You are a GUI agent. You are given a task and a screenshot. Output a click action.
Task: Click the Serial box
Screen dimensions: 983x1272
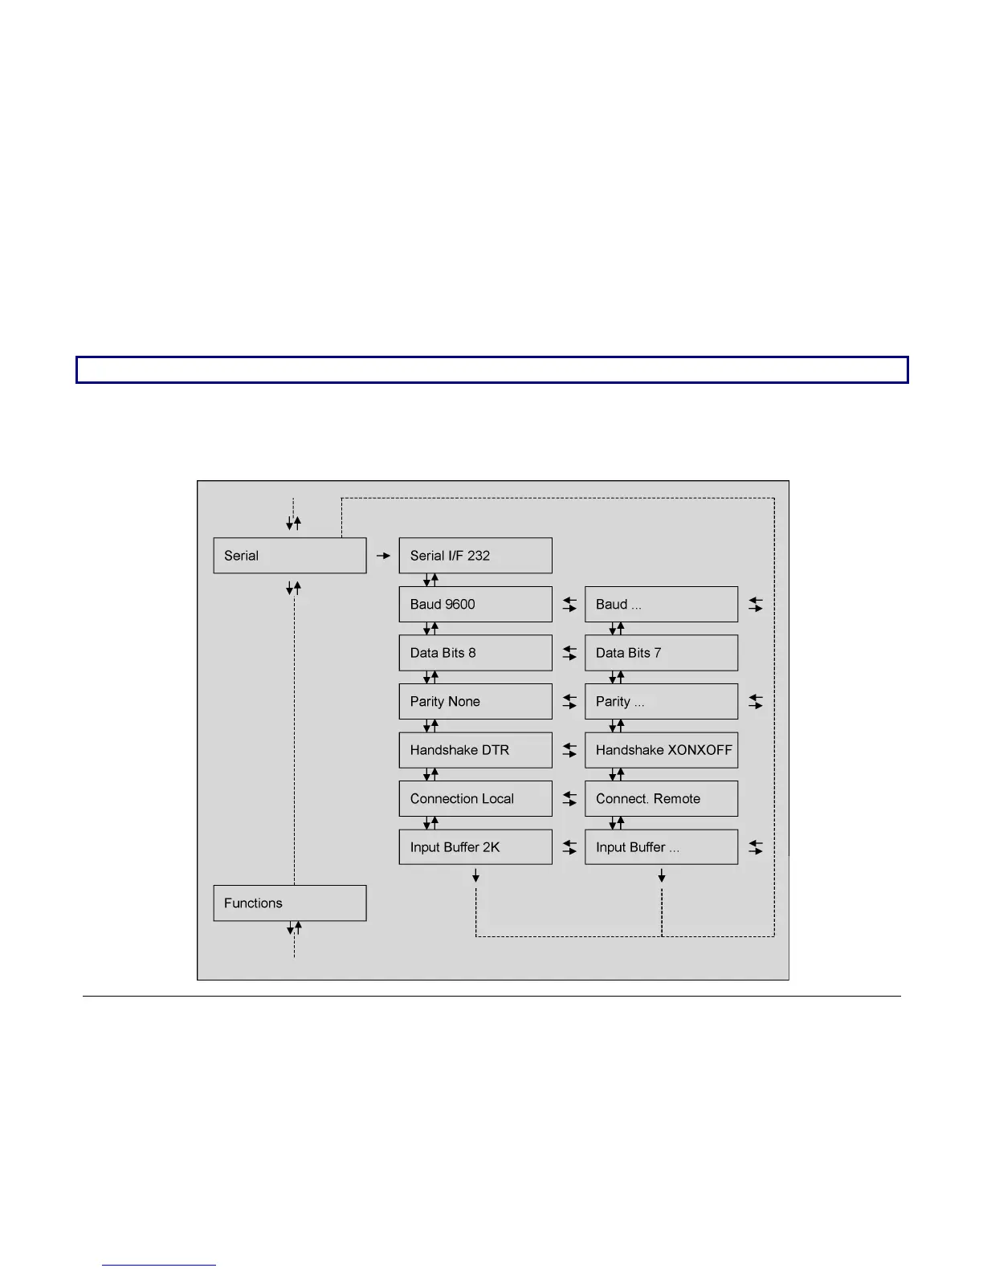[x=289, y=556]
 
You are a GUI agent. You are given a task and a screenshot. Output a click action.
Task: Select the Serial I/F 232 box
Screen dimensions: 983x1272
[x=475, y=556]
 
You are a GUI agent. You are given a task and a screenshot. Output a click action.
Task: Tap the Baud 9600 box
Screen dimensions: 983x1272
[x=475, y=604]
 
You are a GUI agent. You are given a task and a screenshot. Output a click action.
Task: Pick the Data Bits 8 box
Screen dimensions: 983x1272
[x=475, y=653]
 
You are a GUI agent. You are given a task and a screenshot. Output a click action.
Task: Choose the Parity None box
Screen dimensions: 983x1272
[x=475, y=701]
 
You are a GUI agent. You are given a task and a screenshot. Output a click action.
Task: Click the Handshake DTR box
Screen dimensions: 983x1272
[x=475, y=750]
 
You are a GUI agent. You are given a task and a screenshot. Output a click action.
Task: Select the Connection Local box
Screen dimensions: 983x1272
[x=475, y=798]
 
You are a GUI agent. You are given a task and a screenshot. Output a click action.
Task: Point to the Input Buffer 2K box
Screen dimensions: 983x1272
[x=475, y=847]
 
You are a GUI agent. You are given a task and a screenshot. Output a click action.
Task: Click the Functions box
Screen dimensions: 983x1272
[x=289, y=903]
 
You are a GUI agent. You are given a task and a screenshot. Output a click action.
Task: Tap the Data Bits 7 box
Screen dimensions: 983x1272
[x=661, y=653]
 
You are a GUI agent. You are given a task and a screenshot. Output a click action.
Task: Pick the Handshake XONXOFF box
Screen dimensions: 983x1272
[x=661, y=750]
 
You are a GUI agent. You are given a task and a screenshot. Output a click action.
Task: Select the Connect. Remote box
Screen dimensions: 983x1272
[x=661, y=798]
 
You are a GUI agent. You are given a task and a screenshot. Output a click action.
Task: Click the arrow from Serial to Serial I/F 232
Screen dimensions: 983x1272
[x=383, y=556]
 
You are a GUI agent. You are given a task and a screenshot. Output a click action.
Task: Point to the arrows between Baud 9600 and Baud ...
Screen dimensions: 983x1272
[x=569, y=604]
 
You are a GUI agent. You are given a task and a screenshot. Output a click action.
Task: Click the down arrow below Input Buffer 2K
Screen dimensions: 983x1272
[x=476, y=875]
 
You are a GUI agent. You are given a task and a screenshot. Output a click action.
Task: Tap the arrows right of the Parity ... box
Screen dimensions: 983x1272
[x=756, y=701]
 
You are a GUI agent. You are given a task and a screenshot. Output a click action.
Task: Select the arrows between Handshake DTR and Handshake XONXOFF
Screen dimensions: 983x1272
[x=569, y=750]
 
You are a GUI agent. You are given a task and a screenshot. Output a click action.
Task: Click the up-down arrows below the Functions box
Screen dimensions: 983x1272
[x=294, y=929]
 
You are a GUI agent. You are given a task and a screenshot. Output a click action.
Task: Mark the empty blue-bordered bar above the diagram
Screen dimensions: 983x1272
[x=491, y=370]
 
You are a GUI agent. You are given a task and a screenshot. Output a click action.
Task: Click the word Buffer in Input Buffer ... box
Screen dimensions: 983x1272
[x=647, y=847]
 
